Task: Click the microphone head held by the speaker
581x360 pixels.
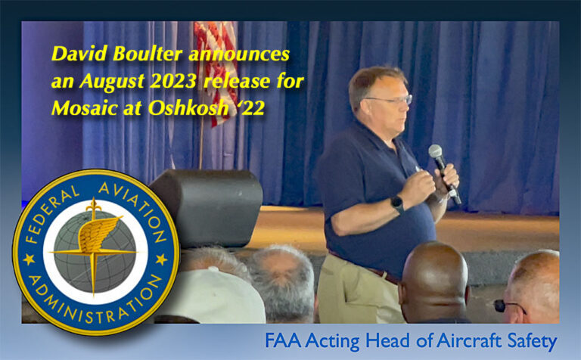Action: coord(436,152)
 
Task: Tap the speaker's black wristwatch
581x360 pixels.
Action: coord(397,204)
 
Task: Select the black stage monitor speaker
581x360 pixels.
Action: coord(207,207)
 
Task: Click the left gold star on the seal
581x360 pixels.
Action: coord(29,259)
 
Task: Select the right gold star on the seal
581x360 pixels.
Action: coord(162,259)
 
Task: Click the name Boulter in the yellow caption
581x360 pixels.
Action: coord(148,54)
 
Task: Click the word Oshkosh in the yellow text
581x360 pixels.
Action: coord(188,108)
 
